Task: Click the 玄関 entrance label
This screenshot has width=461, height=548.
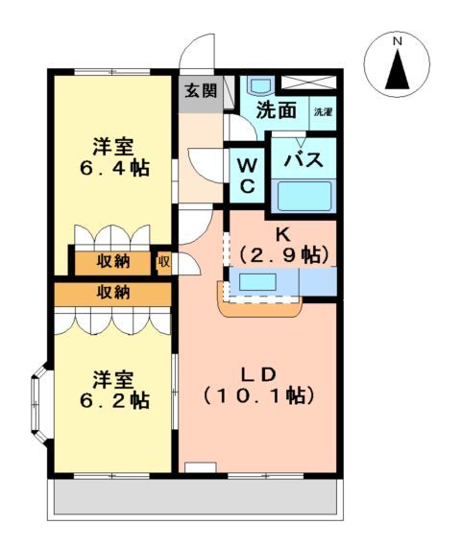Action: pyautogui.click(x=201, y=92)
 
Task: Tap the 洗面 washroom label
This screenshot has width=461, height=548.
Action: pyautogui.click(x=276, y=110)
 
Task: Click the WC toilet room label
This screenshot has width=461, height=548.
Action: pyautogui.click(x=246, y=175)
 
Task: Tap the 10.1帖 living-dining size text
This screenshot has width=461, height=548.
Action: pyautogui.click(x=259, y=393)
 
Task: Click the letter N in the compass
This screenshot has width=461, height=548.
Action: pyautogui.click(x=396, y=41)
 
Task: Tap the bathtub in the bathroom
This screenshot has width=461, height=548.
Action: pyautogui.click(x=303, y=196)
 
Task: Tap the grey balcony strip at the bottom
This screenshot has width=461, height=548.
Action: pyautogui.click(x=192, y=498)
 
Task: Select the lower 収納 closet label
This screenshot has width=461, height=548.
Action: pyautogui.click(x=112, y=293)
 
